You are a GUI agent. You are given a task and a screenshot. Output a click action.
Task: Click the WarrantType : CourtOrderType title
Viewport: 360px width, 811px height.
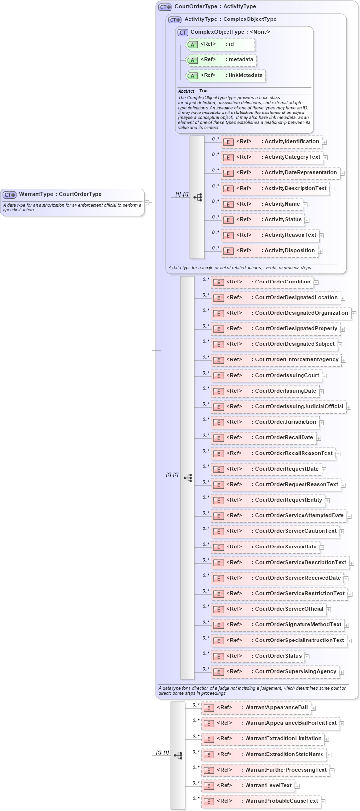click(60, 194)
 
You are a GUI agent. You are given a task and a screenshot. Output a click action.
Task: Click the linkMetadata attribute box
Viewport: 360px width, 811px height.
click(226, 75)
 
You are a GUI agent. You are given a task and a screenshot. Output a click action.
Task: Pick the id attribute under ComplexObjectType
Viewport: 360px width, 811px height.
click(220, 44)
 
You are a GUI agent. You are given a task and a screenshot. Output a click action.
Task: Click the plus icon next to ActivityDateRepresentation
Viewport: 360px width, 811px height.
click(342, 173)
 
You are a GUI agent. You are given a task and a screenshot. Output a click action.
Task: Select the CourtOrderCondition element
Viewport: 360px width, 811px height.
click(262, 282)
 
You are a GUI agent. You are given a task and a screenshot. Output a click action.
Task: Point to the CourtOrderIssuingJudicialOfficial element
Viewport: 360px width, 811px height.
click(278, 407)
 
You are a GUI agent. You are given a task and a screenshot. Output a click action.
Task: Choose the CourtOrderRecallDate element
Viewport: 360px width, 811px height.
click(263, 438)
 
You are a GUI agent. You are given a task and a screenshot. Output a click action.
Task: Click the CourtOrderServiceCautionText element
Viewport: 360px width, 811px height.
click(275, 531)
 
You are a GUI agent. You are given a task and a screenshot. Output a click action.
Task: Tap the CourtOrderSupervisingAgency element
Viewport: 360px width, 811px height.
click(275, 672)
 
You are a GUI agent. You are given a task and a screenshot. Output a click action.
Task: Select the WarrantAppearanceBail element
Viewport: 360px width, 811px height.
click(256, 708)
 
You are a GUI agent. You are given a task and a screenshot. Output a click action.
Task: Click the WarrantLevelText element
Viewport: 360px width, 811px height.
click(247, 786)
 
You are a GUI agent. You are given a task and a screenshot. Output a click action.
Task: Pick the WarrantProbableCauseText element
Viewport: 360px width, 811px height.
click(261, 801)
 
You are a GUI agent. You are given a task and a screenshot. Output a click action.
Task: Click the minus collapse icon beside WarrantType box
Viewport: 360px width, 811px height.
click(147, 203)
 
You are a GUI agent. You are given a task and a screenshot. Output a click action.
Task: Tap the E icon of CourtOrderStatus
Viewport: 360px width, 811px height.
click(219, 657)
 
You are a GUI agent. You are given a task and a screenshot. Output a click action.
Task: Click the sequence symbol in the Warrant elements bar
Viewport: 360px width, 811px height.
click(178, 755)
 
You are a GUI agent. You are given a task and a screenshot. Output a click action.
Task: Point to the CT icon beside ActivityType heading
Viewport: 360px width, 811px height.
click(174, 19)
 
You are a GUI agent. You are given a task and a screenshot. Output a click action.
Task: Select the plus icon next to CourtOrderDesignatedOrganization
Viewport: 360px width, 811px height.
click(354, 314)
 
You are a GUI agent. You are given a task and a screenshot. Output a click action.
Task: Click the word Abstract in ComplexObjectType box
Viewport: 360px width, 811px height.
click(186, 91)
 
